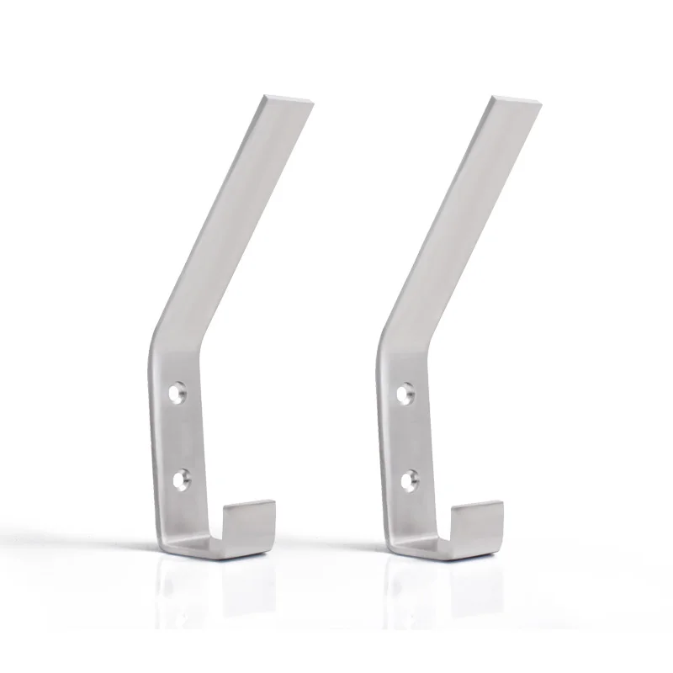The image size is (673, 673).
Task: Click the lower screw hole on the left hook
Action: (x=181, y=479)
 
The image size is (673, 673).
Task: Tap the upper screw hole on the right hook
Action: (x=406, y=392)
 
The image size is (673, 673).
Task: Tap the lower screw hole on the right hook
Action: (x=408, y=480)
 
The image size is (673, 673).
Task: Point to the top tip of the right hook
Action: (x=514, y=101)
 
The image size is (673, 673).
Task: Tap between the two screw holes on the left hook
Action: (x=180, y=436)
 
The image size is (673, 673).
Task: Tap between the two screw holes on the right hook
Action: (x=407, y=436)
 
